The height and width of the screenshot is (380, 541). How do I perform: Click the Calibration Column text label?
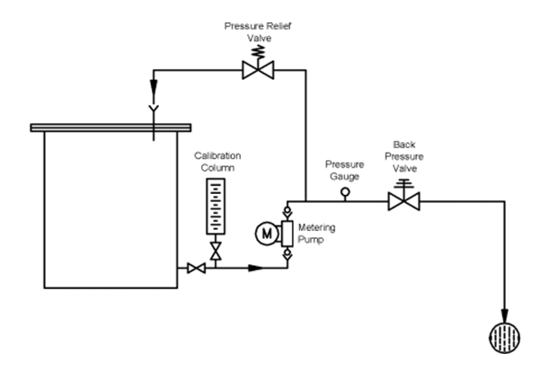[217, 161]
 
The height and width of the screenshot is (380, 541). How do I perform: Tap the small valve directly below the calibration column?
[215, 248]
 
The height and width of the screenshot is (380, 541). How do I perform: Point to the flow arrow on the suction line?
[255, 268]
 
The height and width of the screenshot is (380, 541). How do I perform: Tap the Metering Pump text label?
[317, 234]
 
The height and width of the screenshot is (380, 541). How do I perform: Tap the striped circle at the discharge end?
[502, 340]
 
